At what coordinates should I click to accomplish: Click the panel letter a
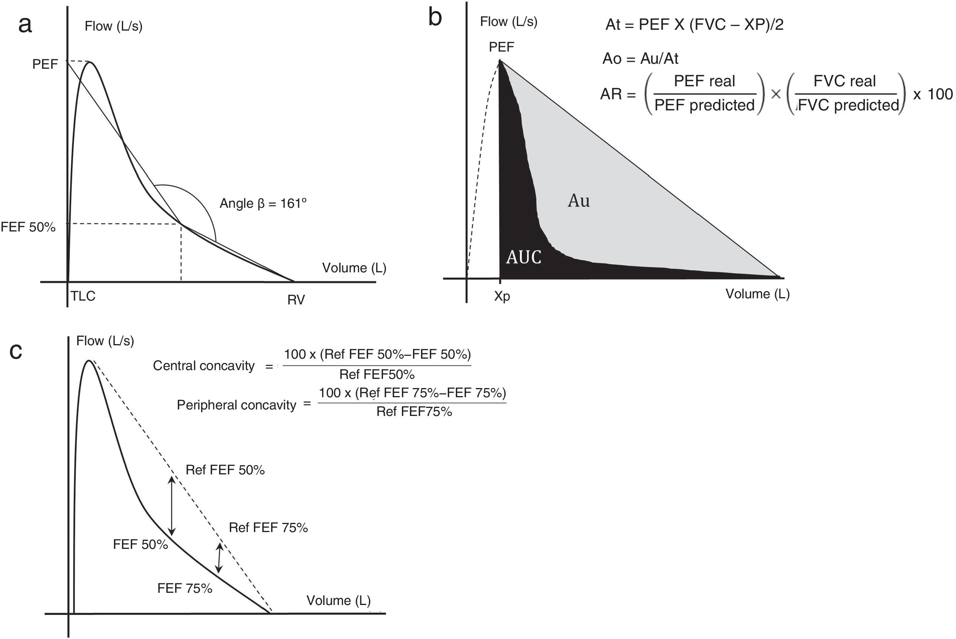click(x=25, y=25)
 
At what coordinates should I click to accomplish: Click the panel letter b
click(x=435, y=18)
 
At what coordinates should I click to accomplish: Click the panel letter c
click(x=16, y=351)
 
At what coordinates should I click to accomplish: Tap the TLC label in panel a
click(x=83, y=296)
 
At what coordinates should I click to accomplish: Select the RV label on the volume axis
click(x=296, y=300)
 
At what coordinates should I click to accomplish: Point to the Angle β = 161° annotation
click(x=263, y=203)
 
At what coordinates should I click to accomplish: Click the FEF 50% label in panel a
click(x=28, y=227)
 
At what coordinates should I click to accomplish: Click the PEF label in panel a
click(x=45, y=65)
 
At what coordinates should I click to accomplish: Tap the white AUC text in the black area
click(x=524, y=257)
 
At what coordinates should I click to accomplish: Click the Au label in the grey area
click(x=579, y=201)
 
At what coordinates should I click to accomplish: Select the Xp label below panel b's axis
click(x=502, y=296)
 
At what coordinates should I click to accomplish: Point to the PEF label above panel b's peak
click(x=501, y=47)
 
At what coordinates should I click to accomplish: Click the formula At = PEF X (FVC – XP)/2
click(x=694, y=25)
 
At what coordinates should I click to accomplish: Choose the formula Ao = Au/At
click(x=640, y=59)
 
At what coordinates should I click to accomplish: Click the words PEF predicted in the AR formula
click(x=705, y=105)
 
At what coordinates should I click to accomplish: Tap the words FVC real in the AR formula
click(x=845, y=81)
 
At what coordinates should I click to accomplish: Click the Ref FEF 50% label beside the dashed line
click(x=225, y=470)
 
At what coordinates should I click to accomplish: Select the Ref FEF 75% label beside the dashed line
click(x=268, y=528)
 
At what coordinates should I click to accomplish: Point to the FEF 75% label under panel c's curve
click(x=185, y=589)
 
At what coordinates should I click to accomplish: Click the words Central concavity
click(x=203, y=366)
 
